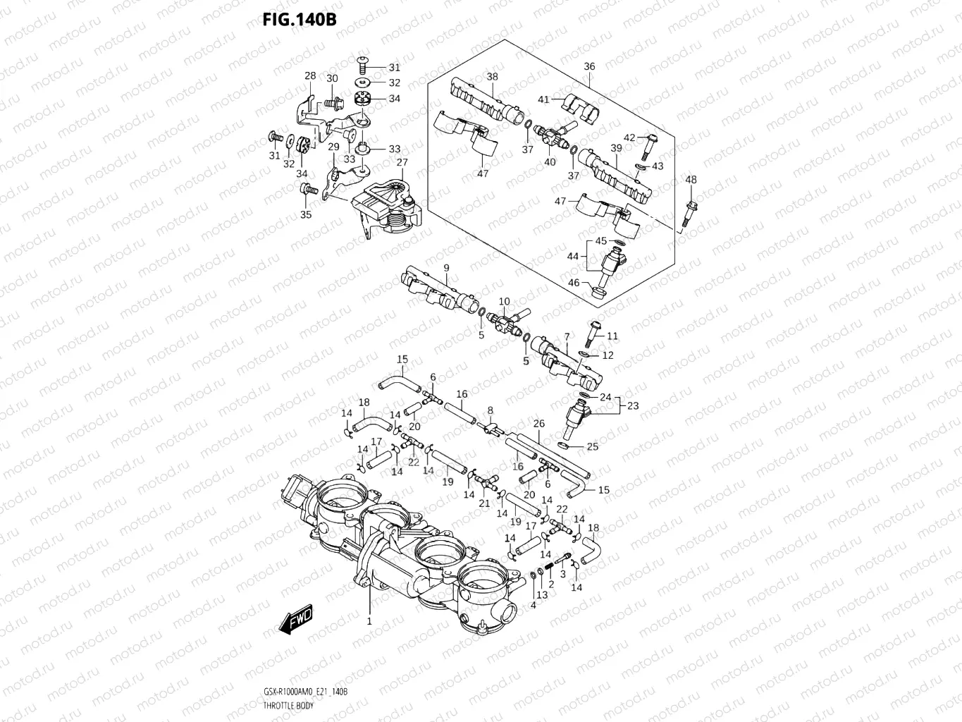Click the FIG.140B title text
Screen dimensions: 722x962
point(300,19)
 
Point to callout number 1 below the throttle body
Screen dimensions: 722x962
point(369,621)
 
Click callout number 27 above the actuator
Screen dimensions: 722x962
point(402,162)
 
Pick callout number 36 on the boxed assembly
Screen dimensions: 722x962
point(589,66)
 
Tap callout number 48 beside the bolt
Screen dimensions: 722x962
point(691,180)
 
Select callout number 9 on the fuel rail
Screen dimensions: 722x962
point(446,267)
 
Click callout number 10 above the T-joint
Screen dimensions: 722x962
point(504,302)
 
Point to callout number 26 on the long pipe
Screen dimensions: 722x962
point(539,424)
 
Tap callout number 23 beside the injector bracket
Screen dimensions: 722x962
point(633,405)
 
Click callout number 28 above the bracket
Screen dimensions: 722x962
point(310,75)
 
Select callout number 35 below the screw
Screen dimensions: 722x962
point(306,214)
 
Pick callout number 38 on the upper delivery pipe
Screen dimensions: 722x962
point(492,76)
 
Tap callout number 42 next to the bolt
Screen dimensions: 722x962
point(629,137)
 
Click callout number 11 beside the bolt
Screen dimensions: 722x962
point(612,336)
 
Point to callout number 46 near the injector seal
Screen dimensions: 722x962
point(574,283)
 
